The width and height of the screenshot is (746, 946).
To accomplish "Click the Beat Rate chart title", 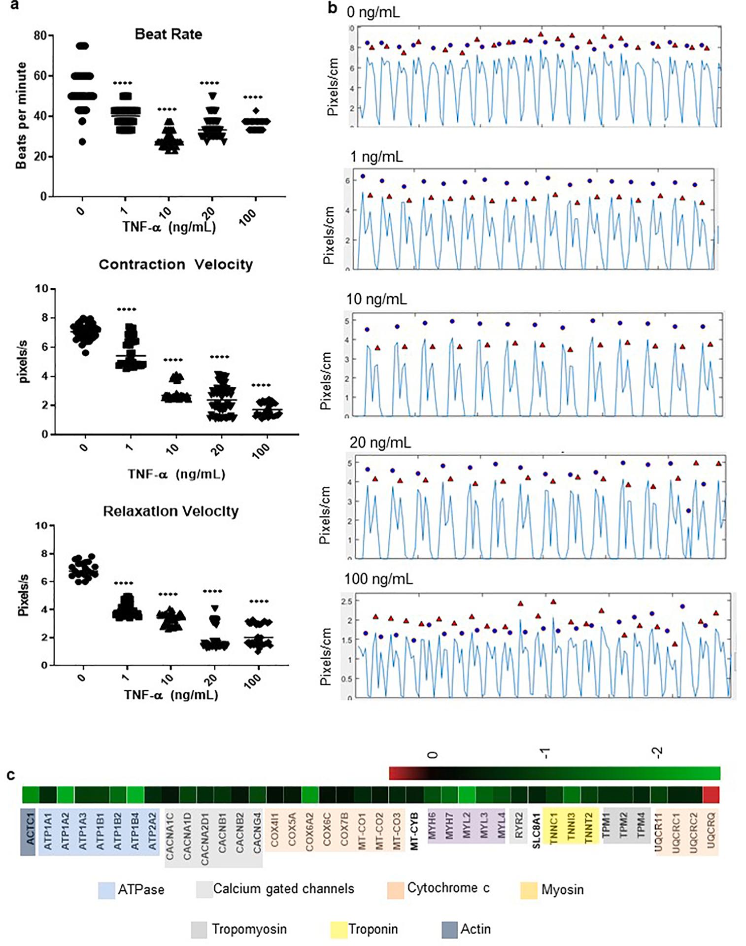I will [x=169, y=34].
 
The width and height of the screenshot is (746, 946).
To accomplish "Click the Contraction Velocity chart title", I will [x=175, y=265].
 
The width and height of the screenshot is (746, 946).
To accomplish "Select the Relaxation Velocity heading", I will [x=170, y=511].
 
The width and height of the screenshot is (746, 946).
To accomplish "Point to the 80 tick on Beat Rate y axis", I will [x=40, y=35].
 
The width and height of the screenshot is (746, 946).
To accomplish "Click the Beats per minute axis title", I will [x=21, y=116].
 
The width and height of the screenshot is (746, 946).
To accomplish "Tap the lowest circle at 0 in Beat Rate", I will [x=82, y=142].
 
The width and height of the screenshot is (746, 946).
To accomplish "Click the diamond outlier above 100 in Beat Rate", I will [x=256, y=111].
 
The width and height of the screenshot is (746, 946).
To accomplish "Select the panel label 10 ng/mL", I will [x=376, y=299].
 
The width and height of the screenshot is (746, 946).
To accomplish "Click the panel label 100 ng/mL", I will [x=378, y=579].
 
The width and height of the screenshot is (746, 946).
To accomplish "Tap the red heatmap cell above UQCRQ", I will [x=711, y=795].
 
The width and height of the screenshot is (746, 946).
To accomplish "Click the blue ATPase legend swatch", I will [x=106, y=891].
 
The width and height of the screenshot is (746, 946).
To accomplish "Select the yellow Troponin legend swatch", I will [x=339, y=930].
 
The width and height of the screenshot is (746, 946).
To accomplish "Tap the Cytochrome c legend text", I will [x=448, y=888].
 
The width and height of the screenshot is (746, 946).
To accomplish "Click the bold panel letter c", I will [x=11, y=775].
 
